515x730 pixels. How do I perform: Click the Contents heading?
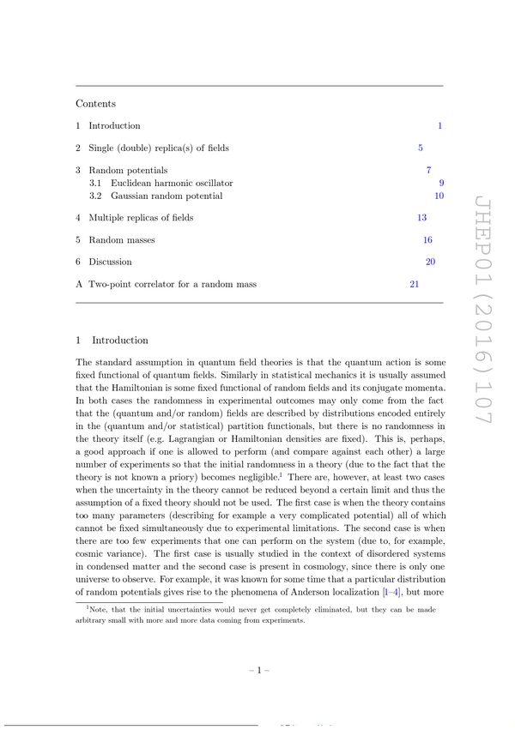(x=95, y=104)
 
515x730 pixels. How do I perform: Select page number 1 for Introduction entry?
(x=439, y=126)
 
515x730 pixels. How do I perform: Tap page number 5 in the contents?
(x=420, y=148)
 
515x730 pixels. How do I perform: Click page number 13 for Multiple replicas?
(x=421, y=218)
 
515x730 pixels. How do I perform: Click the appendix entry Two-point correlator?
(x=172, y=284)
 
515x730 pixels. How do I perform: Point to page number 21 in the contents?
(x=414, y=284)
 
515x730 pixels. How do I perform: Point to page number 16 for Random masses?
(x=427, y=240)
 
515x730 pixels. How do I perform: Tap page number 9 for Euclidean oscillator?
(x=440, y=184)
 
